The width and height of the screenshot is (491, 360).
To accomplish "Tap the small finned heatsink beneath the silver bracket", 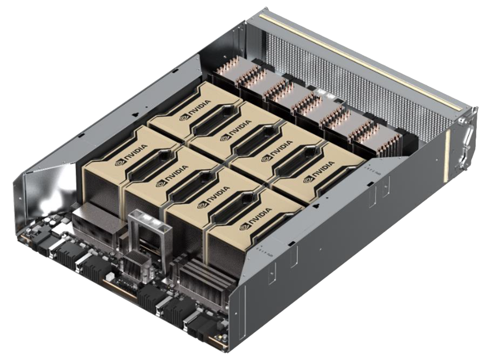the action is click(135, 266).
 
